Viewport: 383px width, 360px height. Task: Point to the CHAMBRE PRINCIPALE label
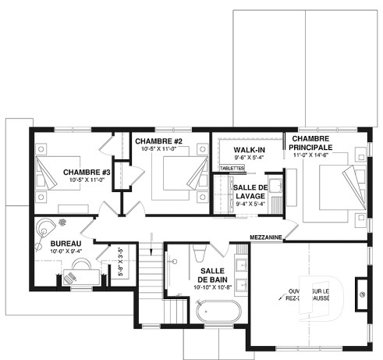click(312, 141)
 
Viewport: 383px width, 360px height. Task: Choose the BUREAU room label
click(47, 243)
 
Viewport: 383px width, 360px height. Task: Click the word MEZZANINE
click(266, 236)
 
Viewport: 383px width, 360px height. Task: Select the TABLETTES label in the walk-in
click(232, 168)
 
